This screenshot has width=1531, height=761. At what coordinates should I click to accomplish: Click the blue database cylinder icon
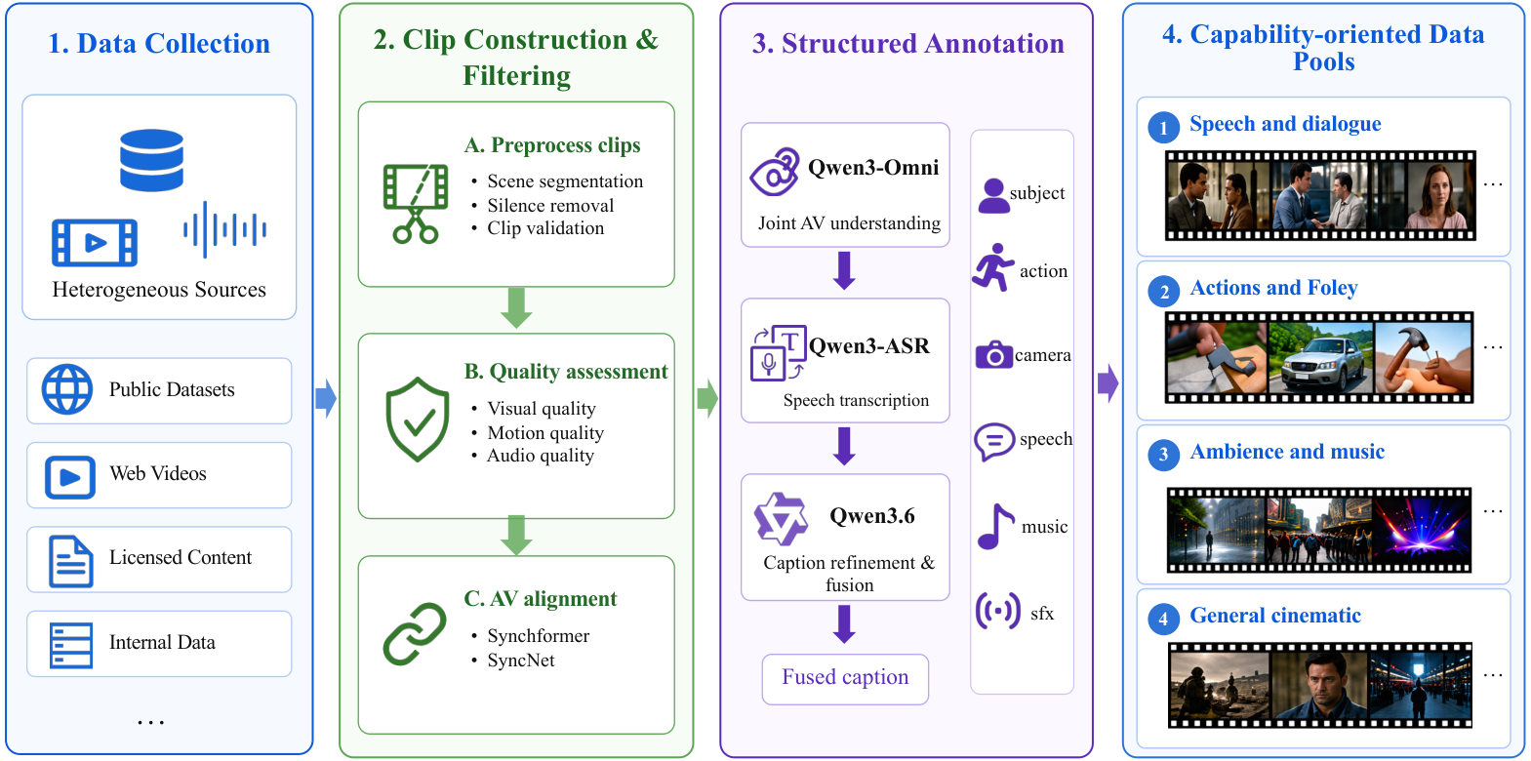(x=151, y=160)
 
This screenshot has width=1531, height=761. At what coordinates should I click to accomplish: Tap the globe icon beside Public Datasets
(x=67, y=389)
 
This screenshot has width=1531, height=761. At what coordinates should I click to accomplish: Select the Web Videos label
(x=158, y=473)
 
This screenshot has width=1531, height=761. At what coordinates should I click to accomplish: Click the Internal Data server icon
(x=71, y=645)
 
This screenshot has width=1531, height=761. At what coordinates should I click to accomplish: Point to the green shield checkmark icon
(x=418, y=420)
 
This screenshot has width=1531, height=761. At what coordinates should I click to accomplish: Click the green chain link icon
(x=415, y=634)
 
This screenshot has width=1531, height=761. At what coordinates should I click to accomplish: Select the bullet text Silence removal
(x=550, y=206)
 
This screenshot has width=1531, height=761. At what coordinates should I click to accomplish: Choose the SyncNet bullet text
(x=521, y=661)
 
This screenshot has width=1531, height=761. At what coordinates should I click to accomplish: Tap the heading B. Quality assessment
(x=566, y=371)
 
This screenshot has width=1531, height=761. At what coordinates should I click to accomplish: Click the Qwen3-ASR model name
(x=868, y=345)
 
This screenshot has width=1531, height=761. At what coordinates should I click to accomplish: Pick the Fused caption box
(x=845, y=679)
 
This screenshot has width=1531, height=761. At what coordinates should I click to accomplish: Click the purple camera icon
(x=993, y=354)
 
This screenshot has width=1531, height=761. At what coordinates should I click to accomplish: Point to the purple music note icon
(x=995, y=527)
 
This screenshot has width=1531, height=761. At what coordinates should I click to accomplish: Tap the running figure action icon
(x=993, y=267)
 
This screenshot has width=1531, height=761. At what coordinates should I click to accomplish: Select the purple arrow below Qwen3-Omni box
(x=845, y=270)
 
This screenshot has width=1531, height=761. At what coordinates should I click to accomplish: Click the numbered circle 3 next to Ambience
(x=1163, y=455)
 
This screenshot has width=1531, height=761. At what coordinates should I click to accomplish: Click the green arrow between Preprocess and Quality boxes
(x=517, y=308)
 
